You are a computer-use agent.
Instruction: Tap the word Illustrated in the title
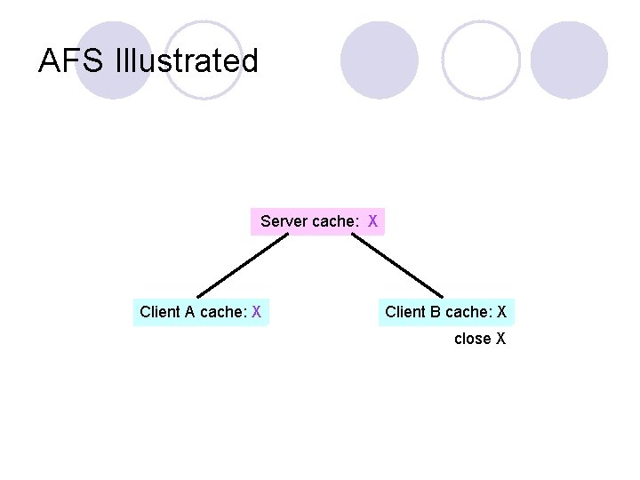(x=187, y=61)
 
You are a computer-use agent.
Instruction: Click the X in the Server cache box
(x=373, y=221)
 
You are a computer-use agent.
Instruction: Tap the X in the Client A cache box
(x=256, y=312)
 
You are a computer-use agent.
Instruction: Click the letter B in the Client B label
(x=435, y=312)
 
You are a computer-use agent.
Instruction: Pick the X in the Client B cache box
(x=502, y=312)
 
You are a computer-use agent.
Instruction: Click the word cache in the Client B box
(x=468, y=312)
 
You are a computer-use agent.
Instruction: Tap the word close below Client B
(x=472, y=339)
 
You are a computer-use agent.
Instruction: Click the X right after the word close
(x=501, y=339)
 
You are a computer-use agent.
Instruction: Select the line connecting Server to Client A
(x=242, y=266)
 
